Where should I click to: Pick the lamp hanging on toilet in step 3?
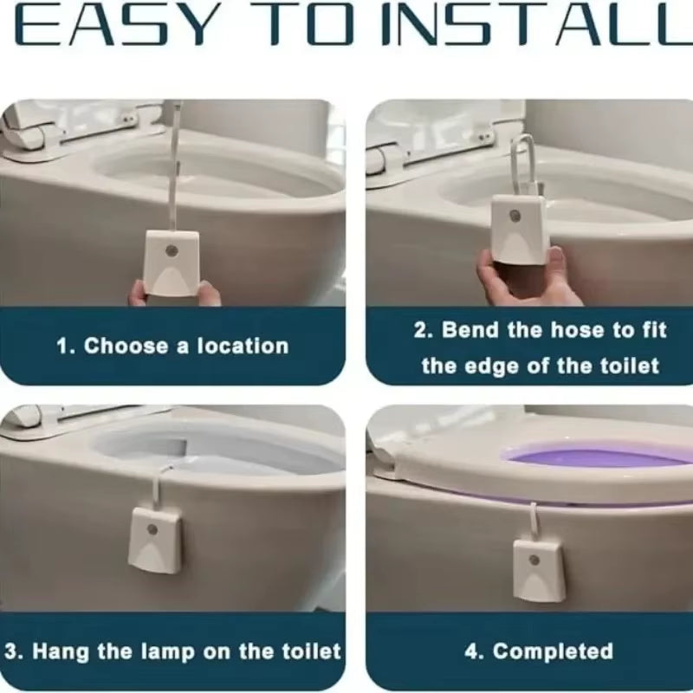click(x=156, y=539)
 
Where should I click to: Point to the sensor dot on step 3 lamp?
click(x=153, y=527)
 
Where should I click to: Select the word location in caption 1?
click(x=243, y=346)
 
